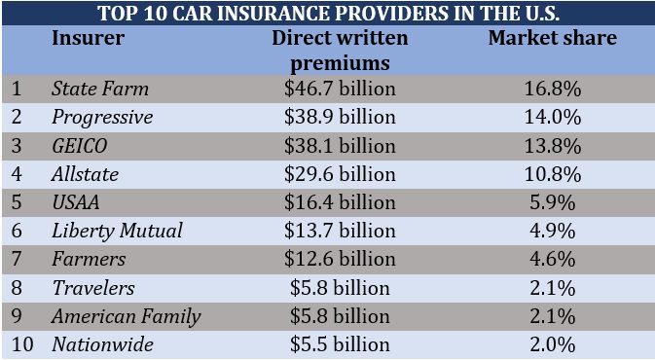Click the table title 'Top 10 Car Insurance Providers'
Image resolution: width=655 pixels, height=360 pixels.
tap(327, 14)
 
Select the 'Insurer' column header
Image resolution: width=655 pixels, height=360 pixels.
tap(87, 39)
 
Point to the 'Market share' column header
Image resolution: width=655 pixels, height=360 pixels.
tap(552, 39)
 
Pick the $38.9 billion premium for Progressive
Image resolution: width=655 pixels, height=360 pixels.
tap(340, 118)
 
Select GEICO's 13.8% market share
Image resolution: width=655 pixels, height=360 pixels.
tap(552, 146)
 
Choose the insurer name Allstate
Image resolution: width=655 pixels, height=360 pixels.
tap(86, 174)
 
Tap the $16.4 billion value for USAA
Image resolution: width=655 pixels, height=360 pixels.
tap(340, 202)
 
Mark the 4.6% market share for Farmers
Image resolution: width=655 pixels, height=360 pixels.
tap(552, 260)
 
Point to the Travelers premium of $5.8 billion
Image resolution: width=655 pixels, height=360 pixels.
tap(340, 288)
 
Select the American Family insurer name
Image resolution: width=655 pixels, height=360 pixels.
tap(126, 316)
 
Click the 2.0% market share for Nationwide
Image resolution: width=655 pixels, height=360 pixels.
tap(552, 344)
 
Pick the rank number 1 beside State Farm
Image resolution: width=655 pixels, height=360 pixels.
tap(17, 90)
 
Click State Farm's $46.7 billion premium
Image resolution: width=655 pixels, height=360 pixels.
tap(340, 90)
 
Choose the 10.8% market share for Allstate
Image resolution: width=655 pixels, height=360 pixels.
tap(552, 174)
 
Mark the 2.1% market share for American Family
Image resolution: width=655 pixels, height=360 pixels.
tap(552, 316)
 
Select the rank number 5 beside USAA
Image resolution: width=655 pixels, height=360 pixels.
tap(17, 202)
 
